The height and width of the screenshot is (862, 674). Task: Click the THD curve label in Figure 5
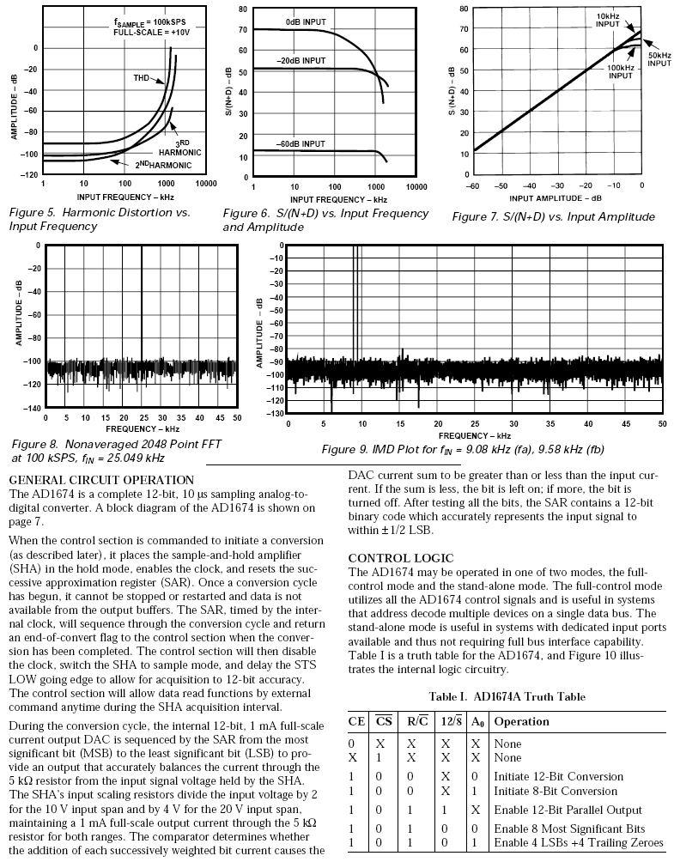click(x=143, y=78)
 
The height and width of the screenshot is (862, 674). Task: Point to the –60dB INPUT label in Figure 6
click(x=301, y=143)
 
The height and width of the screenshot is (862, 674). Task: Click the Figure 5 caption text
click(x=99, y=219)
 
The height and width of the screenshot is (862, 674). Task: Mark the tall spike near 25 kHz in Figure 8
click(x=142, y=300)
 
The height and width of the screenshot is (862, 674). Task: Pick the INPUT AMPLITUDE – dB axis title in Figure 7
click(x=558, y=197)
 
